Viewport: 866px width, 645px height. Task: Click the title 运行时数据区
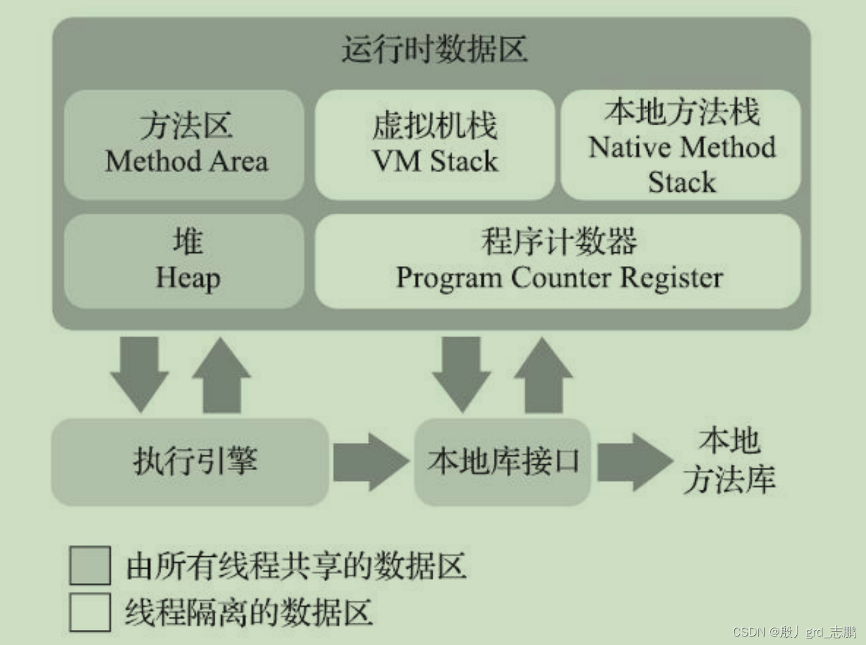pyautogui.click(x=434, y=50)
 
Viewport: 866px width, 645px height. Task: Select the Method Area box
pyautogui.click(x=185, y=144)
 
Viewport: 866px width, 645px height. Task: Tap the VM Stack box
pyautogui.click(x=435, y=144)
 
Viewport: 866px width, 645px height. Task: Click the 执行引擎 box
pyautogui.click(x=191, y=462)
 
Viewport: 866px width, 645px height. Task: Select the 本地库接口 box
pyautogui.click(x=503, y=462)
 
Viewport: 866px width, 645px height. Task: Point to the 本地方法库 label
pyautogui.click(x=729, y=460)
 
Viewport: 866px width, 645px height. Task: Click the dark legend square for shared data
pyautogui.click(x=90, y=565)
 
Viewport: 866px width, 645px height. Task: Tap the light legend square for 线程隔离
pyautogui.click(x=90, y=612)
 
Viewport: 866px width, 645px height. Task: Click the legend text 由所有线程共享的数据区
pyautogui.click(x=296, y=565)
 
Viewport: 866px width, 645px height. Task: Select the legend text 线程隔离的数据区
pyautogui.click(x=249, y=612)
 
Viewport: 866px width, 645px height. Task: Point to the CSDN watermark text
pyautogui.click(x=794, y=631)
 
